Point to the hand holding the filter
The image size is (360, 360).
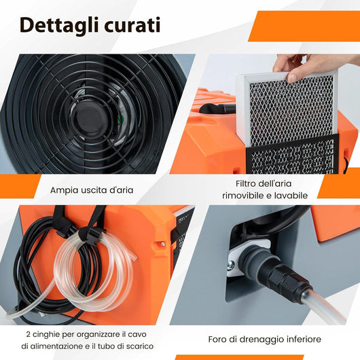[x=310, y=66]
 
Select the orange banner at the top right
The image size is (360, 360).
[x=302, y=26]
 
